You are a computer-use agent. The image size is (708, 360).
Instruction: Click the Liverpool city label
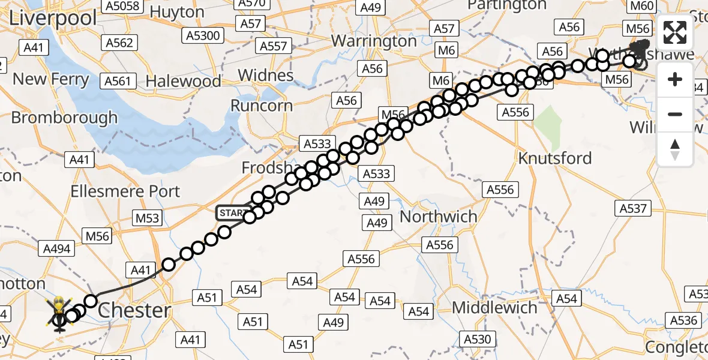(53, 17)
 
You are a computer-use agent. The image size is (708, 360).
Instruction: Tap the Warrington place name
(374, 41)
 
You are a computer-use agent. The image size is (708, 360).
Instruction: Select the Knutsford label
(555, 158)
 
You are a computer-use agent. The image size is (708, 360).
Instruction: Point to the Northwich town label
(439, 216)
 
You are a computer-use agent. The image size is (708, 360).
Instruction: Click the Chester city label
(134, 310)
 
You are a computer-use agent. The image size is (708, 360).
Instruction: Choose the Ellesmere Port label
(125, 191)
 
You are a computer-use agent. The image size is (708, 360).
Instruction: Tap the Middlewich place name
(494, 308)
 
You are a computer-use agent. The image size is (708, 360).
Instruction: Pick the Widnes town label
(266, 76)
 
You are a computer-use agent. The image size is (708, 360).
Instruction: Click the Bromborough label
(64, 118)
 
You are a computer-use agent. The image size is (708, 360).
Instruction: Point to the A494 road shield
(56, 248)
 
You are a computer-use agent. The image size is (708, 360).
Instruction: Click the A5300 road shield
(203, 35)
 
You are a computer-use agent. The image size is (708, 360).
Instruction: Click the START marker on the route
(232, 213)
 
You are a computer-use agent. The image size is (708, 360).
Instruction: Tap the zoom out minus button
(675, 114)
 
